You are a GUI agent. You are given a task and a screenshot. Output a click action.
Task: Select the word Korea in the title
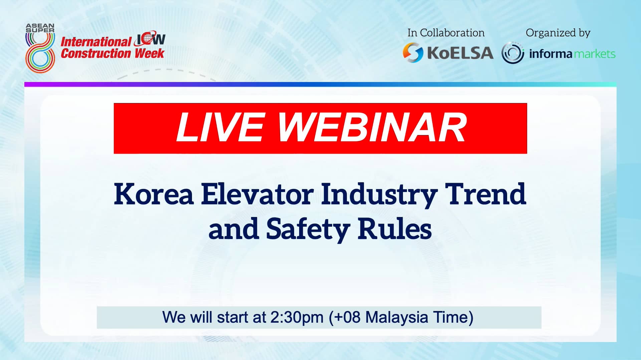click(x=154, y=194)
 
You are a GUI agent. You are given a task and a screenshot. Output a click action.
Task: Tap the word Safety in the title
click(x=308, y=229)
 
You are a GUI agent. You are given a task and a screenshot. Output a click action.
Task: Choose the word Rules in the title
click(x=395, y=229)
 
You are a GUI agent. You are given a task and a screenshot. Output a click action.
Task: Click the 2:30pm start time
click(x=297, y=317)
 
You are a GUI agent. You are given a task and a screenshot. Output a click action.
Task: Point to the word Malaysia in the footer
click(x=396, y=317)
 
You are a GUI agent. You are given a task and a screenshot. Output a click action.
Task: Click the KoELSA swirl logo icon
click(x=413, y=52)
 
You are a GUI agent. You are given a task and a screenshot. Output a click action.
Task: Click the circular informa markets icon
click(x=512, y=53)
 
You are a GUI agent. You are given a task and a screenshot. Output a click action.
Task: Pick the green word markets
click(x=594, y=54)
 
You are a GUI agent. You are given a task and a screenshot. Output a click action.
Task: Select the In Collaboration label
click(x=446, y=33)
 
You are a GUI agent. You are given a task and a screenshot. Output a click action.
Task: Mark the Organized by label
click(x=558, y=33)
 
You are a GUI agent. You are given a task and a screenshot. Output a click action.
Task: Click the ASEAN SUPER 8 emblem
click(x=40, y=48)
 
